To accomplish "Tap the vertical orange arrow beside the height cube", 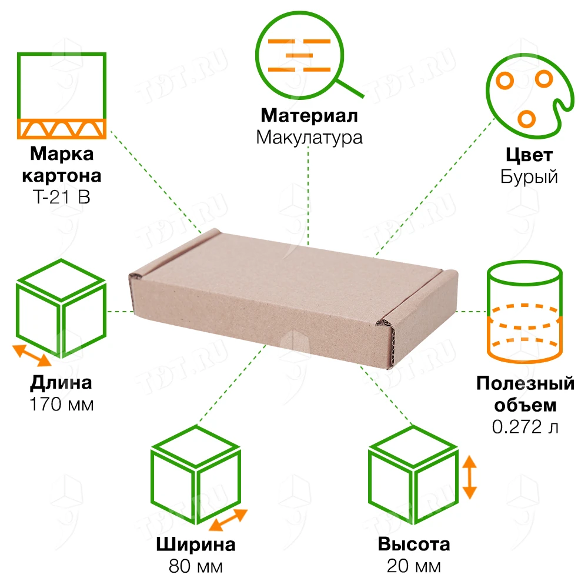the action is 469,477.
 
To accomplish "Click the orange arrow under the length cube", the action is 32,355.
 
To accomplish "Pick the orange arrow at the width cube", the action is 228,520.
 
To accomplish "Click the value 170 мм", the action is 62,405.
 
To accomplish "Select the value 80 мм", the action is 196,566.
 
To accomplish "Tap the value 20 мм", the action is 413,566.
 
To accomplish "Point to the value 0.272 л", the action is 525,427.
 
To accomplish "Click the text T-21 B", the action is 62,197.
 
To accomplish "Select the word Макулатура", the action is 309,138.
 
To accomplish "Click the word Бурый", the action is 529,176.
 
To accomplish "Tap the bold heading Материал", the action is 309,115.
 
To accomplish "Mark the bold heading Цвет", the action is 529,155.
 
